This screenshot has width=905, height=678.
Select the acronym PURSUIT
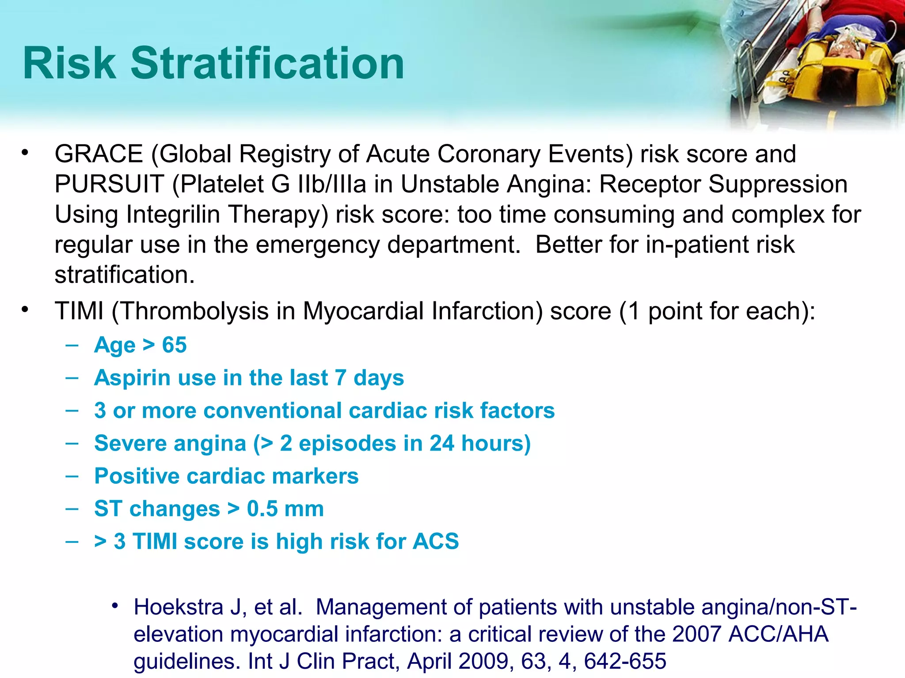click(x=109, y=184)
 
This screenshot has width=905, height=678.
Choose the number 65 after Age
click(x=174, y=345)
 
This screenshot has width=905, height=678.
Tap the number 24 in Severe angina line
click(x=441, y=443)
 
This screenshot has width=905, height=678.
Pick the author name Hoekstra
click(x=179, y=607)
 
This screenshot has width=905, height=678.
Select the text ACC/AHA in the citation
click(x=778, y=634)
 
